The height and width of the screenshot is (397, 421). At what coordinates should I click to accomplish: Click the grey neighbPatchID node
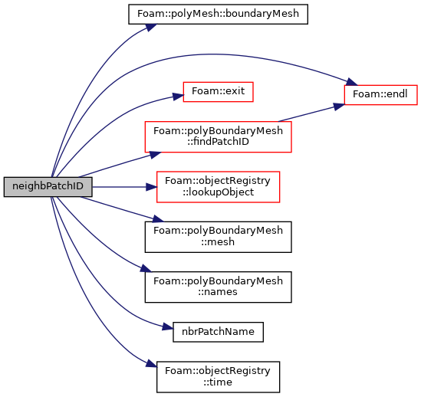pyautogui.click(x=48, y=187)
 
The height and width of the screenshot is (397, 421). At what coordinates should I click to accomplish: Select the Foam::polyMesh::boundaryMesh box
pyautogui.click(x=218, y=14)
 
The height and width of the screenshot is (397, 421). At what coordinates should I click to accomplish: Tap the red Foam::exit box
pyautogui.click(x=218, y=92)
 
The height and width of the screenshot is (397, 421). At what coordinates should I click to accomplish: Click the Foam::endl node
pyautogui.click(x=380, y=95)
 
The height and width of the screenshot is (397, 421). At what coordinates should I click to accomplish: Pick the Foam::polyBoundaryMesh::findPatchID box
pyautogui.click(x=218, y=137)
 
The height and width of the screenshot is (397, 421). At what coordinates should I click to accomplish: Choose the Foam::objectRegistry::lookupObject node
pyautogui.click(x=218, y=187)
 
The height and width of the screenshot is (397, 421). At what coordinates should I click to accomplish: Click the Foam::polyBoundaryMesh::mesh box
pyautogui.click(x=218, y=237)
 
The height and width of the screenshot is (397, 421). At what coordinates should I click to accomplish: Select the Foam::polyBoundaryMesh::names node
pyautogui.click(x=218, y=287)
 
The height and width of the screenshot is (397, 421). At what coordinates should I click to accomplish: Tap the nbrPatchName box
pyautogui.click(x=218, y=332)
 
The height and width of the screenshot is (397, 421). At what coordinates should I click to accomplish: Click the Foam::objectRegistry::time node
pyautogui.click(x=218, y=377)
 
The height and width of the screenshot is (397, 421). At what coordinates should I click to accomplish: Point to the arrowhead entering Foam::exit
pyautogui.click(x=178, y=97)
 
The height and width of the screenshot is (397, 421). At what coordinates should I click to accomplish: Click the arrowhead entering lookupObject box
pyautogui.click(x=151, y=187)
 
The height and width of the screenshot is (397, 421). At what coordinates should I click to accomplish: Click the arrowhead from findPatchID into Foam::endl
pyautogui.click(x=339, y=107)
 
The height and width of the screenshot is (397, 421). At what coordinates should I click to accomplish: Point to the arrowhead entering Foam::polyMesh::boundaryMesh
pyautogui.click(x=151, y=28)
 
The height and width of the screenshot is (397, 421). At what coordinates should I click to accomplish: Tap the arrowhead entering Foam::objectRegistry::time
pyautogui.click(x=151, y=363)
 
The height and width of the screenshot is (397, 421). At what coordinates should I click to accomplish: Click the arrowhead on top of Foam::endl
pyautogui.click(x=352, y=81)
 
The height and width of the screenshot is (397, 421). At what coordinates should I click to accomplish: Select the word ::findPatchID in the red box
pyautogui.click(x=218, y=142)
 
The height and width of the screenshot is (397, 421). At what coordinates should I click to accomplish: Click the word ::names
pyautogui.click(x=218, y=292)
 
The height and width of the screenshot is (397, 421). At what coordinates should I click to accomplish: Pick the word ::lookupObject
pyautogui.click(x=218, y=192)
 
